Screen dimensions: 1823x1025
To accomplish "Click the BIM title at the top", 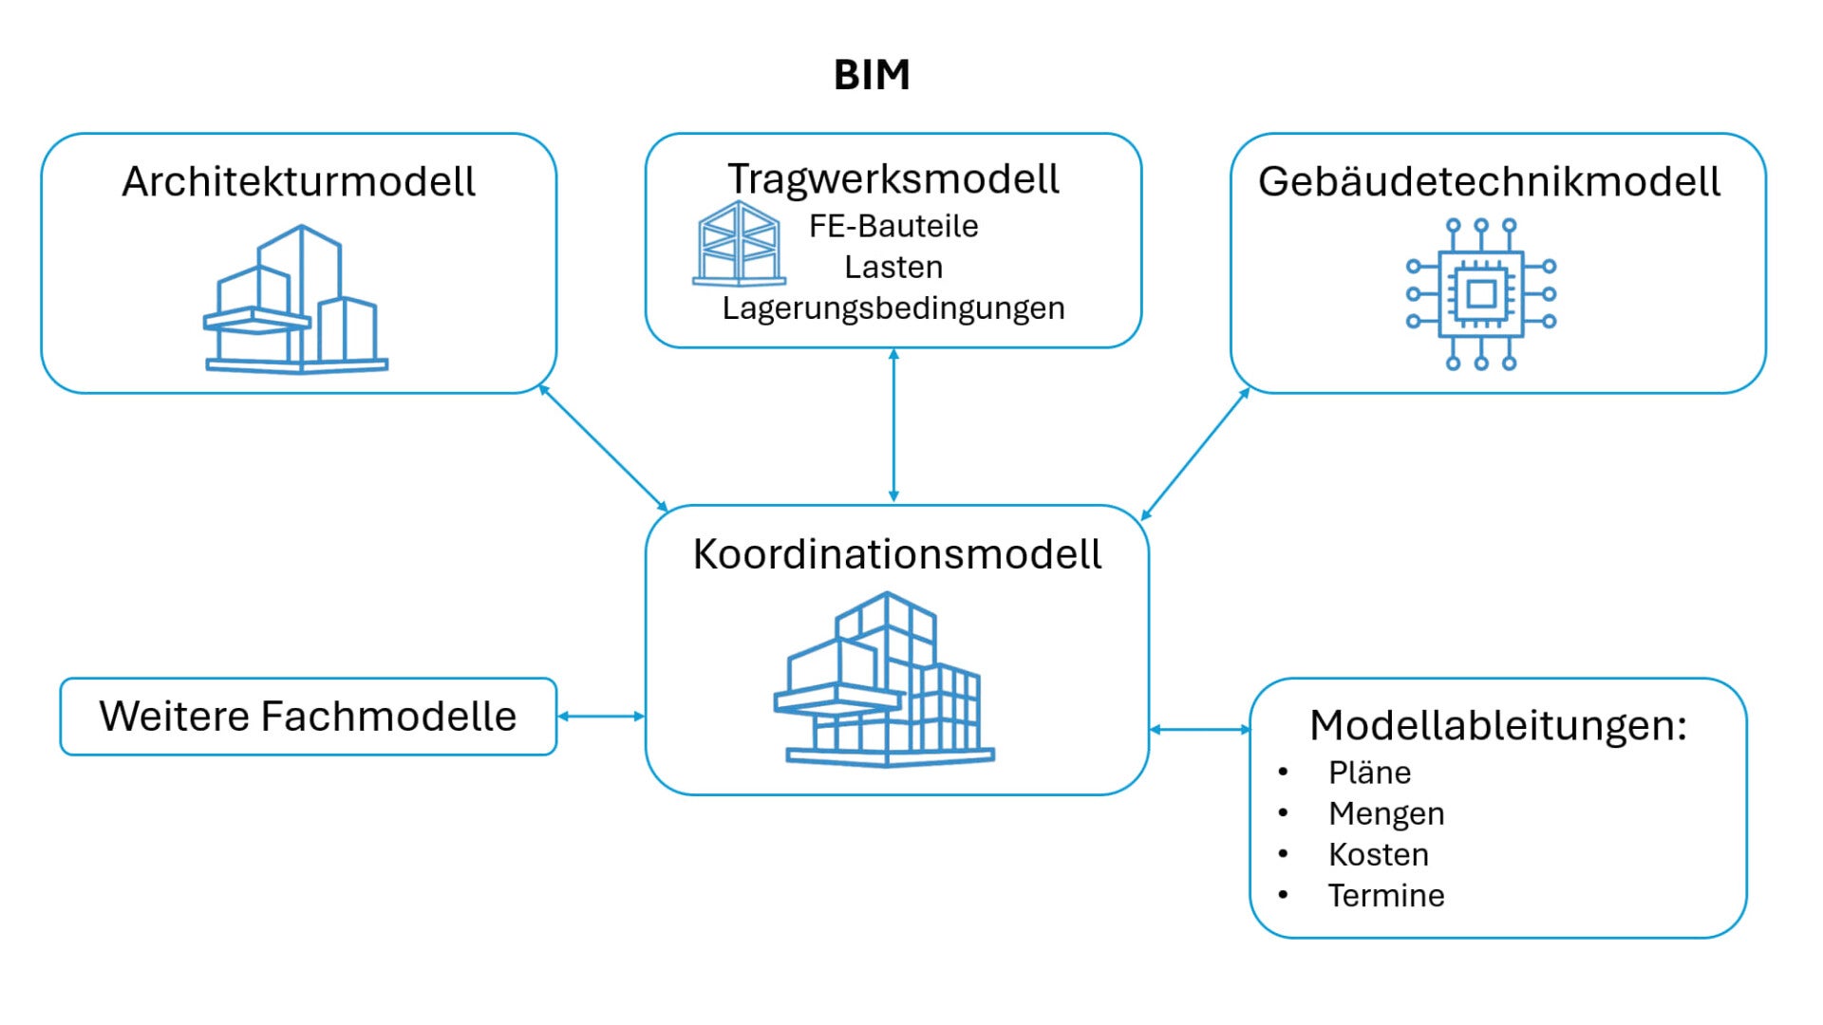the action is click(x=872, y=75).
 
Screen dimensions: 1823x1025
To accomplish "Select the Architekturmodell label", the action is click(x=298, y=181).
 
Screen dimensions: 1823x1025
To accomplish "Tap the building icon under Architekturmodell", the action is click(x=296, y=299).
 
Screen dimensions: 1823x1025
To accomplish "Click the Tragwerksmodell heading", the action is click(x=893, y=179).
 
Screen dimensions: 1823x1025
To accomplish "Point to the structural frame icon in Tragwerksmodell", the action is click(x=740, y=244).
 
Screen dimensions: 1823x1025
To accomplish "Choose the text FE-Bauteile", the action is click(x=893, y=226).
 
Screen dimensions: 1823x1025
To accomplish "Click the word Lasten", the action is click(x=893, y=267).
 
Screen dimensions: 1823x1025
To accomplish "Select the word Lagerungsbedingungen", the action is click(x=893, y=308).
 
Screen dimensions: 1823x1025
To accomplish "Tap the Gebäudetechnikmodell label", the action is click(x=1489, y=181).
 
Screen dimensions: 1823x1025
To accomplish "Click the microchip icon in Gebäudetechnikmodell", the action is click(x=1481, y=294).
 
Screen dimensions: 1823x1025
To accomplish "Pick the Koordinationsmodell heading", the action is click(x=897, y=554).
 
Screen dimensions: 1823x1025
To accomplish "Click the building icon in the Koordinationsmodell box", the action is click(x=885, y=680).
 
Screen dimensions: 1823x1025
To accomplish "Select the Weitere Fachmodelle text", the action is click(x=308, y=717).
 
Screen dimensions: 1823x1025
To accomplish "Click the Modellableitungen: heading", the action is click(x=1498, y=725).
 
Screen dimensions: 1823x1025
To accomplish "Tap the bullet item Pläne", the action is click(x=1369, y=773).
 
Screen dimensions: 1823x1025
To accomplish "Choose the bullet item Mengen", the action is click(x=1386, y=813).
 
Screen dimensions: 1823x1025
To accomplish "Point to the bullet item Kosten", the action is click(x=1379, y=854).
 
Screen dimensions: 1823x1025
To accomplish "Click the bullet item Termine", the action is click(x=1386, y=895).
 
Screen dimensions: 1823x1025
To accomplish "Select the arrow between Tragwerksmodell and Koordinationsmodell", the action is click(x=893, y=425).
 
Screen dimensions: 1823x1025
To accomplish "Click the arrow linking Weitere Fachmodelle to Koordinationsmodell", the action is click(x=601, y=717).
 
